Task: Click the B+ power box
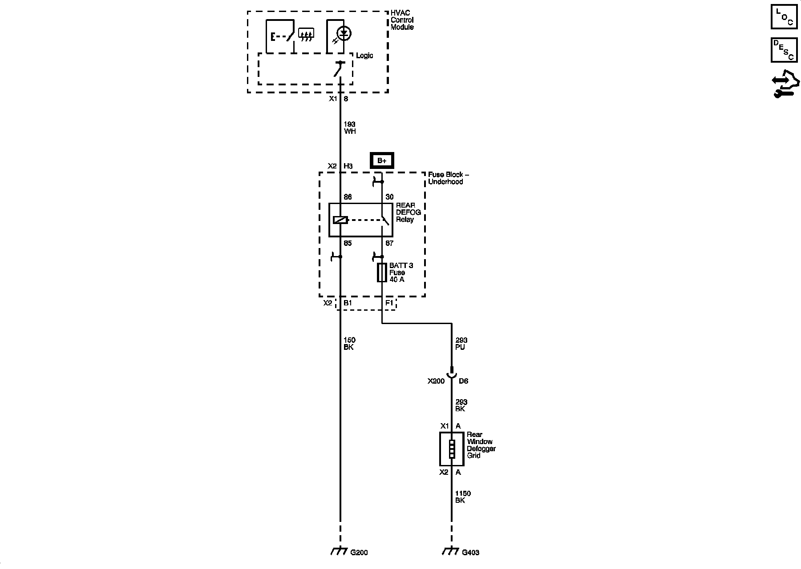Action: [382, 160]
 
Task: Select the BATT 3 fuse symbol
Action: [382, 272]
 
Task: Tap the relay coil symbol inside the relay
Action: [340, 220]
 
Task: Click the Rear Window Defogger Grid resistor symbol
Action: [452, 449]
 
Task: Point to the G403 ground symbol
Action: [451, 552]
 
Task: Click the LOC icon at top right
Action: [784, 17]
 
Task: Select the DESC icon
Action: [784, 50]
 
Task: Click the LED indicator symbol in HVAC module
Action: [344, 33]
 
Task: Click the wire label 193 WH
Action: [350, 128]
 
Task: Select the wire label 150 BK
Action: [349, 344]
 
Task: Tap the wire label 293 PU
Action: [461, 344]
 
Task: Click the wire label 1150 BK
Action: [462, 497]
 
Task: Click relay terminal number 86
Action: [348, 197]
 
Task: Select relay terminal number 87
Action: [389, 243]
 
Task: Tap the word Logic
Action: [364, 56]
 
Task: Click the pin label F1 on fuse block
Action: [389, 303]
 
